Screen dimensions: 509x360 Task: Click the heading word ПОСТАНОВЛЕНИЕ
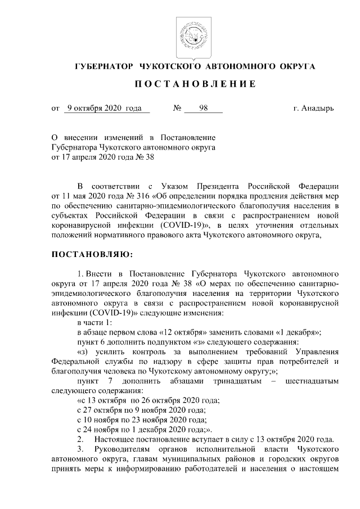click(195, 84)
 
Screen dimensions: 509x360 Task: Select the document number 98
click(204, 108)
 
